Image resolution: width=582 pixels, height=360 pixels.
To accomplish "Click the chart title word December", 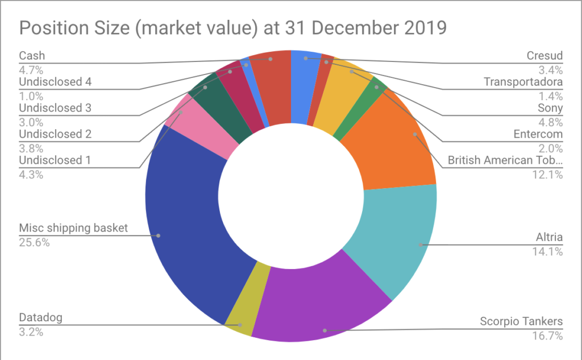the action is [354, 28].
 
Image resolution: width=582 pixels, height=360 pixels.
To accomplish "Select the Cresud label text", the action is [544, 56].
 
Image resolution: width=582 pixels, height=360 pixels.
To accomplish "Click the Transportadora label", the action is [523, 82].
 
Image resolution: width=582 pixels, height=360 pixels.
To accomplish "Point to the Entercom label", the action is [538, 134].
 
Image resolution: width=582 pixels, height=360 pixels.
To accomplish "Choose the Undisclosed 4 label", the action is [55, 82].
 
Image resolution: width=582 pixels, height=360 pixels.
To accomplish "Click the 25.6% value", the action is [34, 243].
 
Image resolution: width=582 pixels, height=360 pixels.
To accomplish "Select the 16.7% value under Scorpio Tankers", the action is [547, 336].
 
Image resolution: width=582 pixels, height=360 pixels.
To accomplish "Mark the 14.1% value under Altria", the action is [547, 252].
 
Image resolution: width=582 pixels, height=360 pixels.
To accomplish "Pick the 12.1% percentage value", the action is [547, 174].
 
